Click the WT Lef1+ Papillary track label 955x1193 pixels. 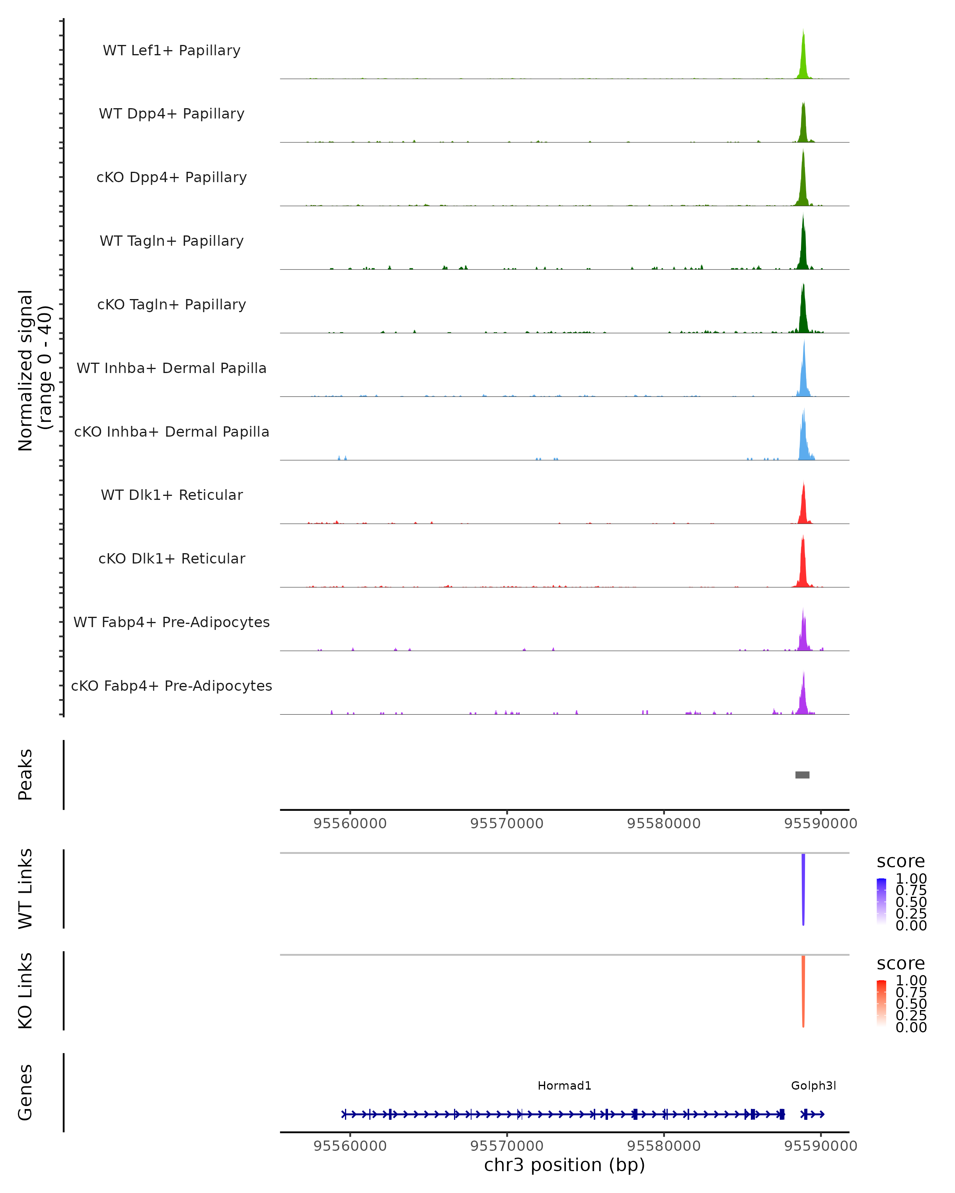(x=172, y=51)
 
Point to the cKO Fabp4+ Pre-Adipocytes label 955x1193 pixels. (x=172, y=686)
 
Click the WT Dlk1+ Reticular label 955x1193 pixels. (x=172, y=495)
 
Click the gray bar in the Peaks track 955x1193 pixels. (x=802, y=775)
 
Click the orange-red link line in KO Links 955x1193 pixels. (x=803, y=991)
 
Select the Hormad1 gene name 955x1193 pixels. (x=564, y=1086)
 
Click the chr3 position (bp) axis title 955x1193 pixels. (x=564, y=1165)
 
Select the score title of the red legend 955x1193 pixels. (x=901, y=964)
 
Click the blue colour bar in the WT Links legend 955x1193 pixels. (x=881, y=902)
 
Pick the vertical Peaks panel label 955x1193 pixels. (x=25, y=775)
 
